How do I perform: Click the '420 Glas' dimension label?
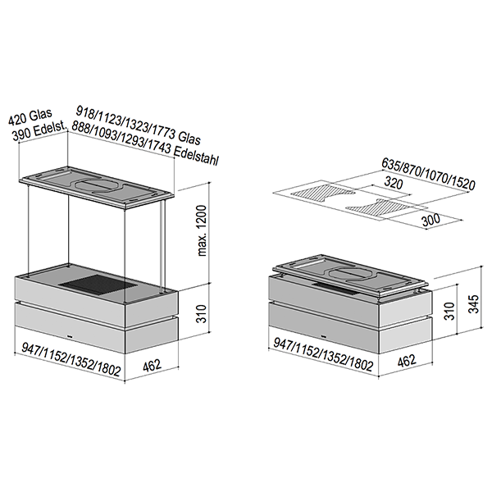30,116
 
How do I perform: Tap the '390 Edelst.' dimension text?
40,132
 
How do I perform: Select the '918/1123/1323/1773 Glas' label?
139,125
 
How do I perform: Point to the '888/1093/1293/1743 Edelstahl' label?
145,143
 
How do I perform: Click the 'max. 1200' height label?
203,230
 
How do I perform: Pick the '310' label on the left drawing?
201,314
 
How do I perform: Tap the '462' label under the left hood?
152,366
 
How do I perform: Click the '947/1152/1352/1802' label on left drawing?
71,360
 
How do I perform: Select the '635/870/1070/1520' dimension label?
428,175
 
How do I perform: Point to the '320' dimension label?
394,183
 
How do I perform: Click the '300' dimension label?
430,221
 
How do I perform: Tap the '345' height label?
474,303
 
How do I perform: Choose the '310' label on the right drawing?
449,311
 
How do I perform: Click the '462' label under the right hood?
407,361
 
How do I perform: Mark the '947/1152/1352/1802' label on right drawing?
324,355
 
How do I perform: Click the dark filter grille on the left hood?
98,285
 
